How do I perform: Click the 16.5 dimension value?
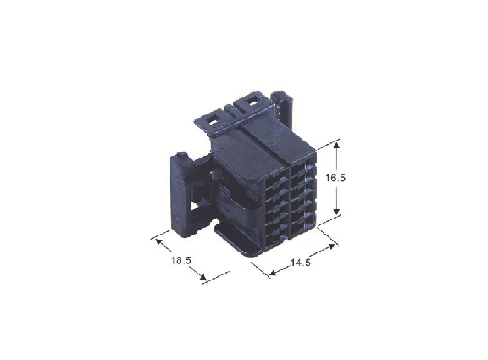(335, 178)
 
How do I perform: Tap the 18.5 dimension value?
(180, 260)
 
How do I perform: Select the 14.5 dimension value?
(301, 263)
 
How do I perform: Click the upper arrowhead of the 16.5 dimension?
(336, 145)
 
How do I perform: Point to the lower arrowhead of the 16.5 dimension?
(336, 212)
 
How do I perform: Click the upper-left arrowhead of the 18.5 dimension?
(158, 241)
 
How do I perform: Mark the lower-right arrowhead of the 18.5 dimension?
(203, 277)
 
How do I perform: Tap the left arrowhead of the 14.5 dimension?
(273, 274)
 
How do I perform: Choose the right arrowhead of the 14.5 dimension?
(331, 246)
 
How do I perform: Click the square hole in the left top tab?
(213, 121)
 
